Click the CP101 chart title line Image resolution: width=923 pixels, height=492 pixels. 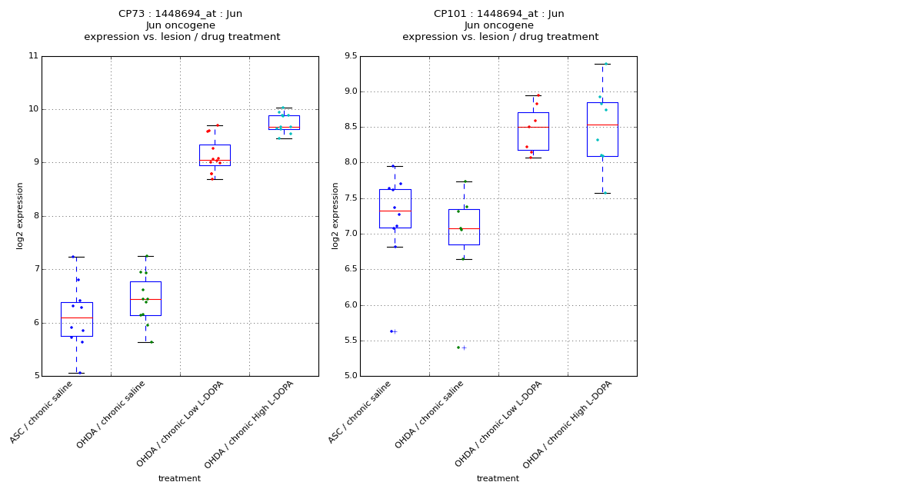click(498, 14)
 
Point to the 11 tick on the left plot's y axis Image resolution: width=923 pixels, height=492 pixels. click(33, 56)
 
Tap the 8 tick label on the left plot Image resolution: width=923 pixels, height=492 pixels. click(33, 216)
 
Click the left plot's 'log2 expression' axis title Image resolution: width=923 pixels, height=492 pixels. click(20, 216)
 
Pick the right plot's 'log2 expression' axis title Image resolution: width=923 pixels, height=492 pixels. click(335, 216)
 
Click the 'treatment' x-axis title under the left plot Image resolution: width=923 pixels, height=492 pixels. click(179, 479)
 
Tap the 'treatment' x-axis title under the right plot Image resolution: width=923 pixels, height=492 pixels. click(498, 479)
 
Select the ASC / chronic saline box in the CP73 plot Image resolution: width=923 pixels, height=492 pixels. click(76, 319)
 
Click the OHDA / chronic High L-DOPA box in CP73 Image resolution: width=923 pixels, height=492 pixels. click(284, 122)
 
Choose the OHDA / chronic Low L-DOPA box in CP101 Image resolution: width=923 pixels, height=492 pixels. click(533, 131)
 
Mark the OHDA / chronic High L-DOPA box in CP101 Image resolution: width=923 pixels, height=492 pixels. click(602, 129)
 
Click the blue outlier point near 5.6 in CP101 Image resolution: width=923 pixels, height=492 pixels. click(391, 331)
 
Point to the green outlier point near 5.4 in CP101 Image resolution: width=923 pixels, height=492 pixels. click(458, 347)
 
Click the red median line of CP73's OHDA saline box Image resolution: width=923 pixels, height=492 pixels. click(145, 299)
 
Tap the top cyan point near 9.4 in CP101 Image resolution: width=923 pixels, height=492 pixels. click(605, 64)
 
